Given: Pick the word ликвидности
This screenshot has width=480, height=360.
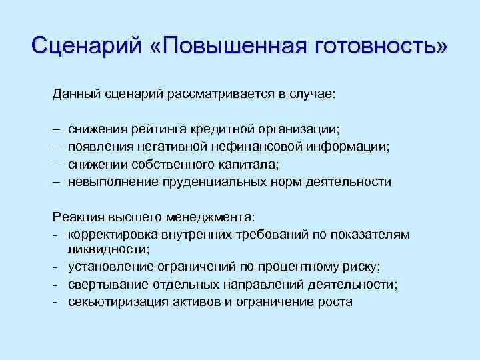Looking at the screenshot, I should [107, 250].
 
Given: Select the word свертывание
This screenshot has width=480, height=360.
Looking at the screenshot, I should [103, 285].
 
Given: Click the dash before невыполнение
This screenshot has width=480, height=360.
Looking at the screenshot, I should [57, 181].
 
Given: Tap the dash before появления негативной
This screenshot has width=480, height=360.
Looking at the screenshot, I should [57, 147].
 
